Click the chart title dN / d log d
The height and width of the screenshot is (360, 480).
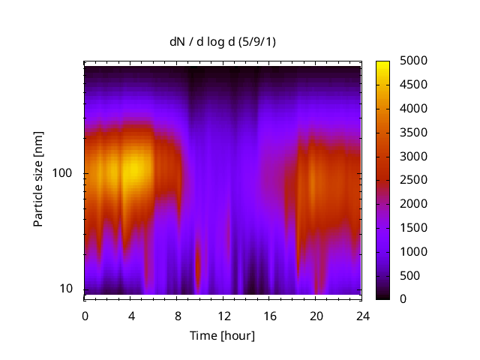[223, 42]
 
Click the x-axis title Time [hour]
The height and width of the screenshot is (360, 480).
[222, 335]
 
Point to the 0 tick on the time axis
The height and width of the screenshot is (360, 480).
[85, 316]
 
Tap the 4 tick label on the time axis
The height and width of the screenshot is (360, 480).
[131, 316]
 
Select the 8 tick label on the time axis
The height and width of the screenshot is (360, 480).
[177, 316]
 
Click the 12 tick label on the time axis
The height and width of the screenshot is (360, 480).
[223, 316]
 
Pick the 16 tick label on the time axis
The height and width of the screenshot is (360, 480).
[269, 316]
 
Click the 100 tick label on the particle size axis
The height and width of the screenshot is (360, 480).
[61, 173]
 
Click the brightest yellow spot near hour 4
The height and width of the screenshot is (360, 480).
[133, 166]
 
